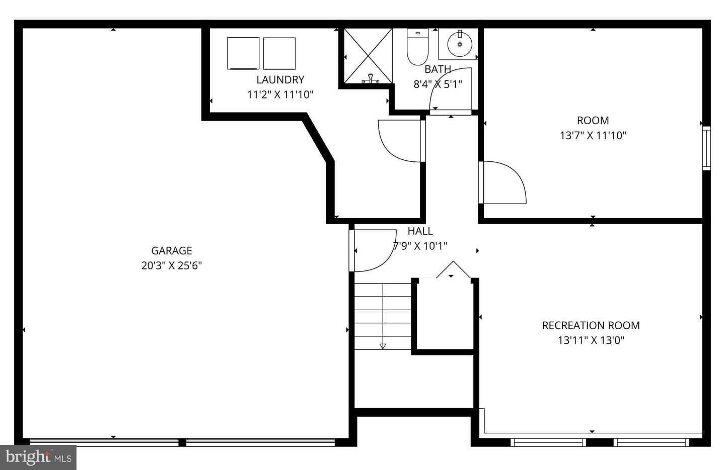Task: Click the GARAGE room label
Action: [172, 250]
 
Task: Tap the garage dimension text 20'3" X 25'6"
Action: [172, 266]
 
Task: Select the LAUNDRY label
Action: [280, 79]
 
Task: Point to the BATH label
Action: [438, 69]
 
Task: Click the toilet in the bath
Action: [417, 47]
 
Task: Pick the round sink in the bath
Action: [460, 44]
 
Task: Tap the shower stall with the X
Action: [368, 56]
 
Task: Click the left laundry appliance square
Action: [243, 53]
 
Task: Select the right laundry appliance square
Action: [279, 53]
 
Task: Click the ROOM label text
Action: [593, 120]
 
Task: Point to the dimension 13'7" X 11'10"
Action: [593, 135]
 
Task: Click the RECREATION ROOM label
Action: [591, 325]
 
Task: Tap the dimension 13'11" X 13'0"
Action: [591, 340]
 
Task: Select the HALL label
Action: [420, 231]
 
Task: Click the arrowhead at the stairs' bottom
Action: [383, 346]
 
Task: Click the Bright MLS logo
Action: [38, 457]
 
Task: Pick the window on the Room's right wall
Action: [706, 148]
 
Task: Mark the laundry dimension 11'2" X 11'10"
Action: [280, 95]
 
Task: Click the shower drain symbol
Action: [371, 79]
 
